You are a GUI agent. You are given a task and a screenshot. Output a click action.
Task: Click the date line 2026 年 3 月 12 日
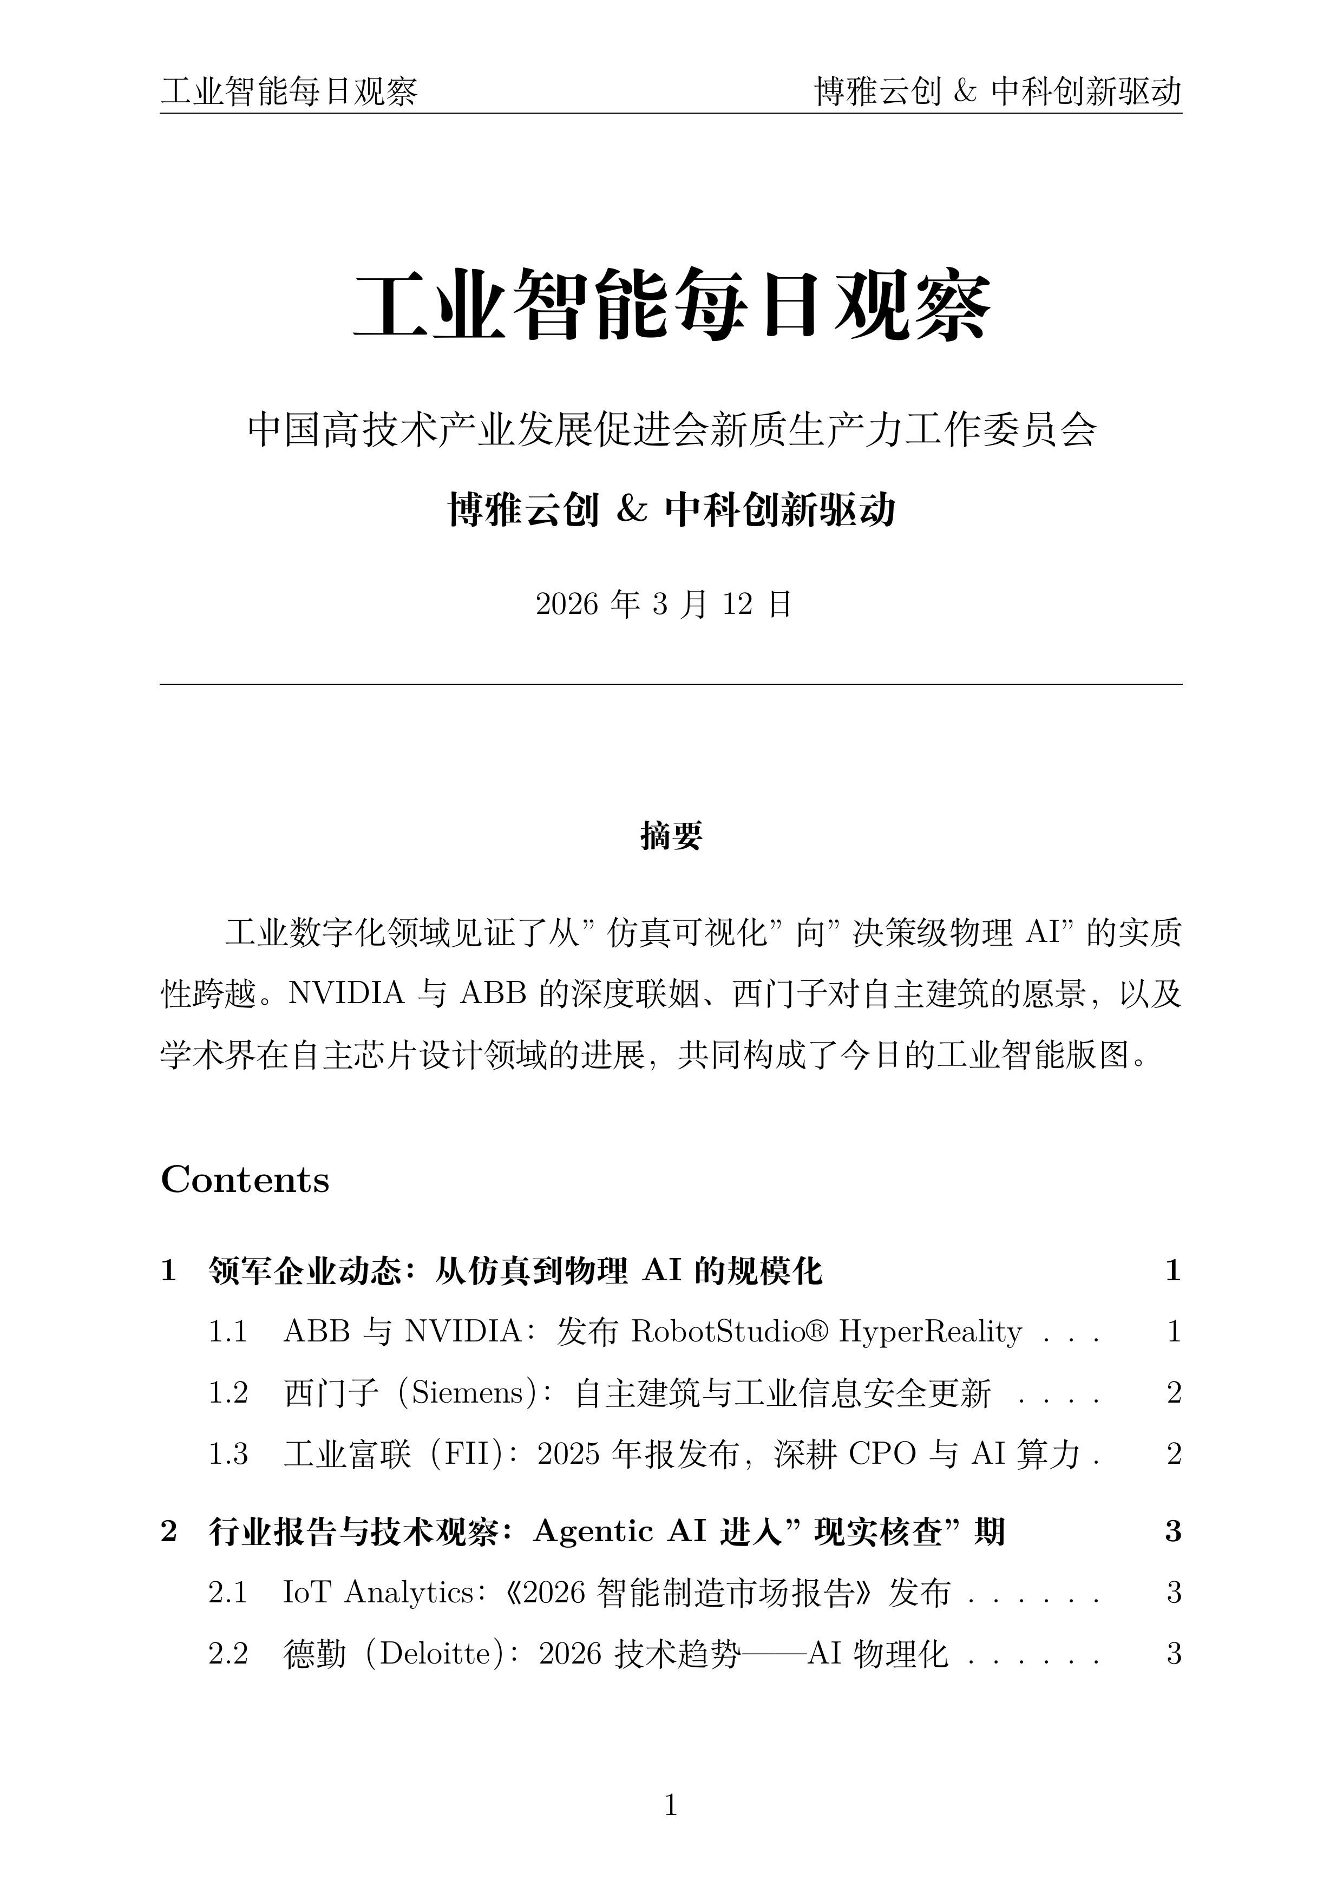664,605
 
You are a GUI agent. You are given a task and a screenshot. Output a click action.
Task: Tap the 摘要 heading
671,836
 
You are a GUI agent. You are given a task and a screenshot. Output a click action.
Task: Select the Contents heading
245,1180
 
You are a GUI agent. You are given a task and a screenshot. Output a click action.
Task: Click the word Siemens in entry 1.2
468,1393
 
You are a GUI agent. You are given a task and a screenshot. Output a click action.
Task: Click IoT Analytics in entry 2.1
379,1592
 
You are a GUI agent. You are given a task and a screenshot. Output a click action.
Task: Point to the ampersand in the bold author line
631,509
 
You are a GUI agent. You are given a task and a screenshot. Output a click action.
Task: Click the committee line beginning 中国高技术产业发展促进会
671,430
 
